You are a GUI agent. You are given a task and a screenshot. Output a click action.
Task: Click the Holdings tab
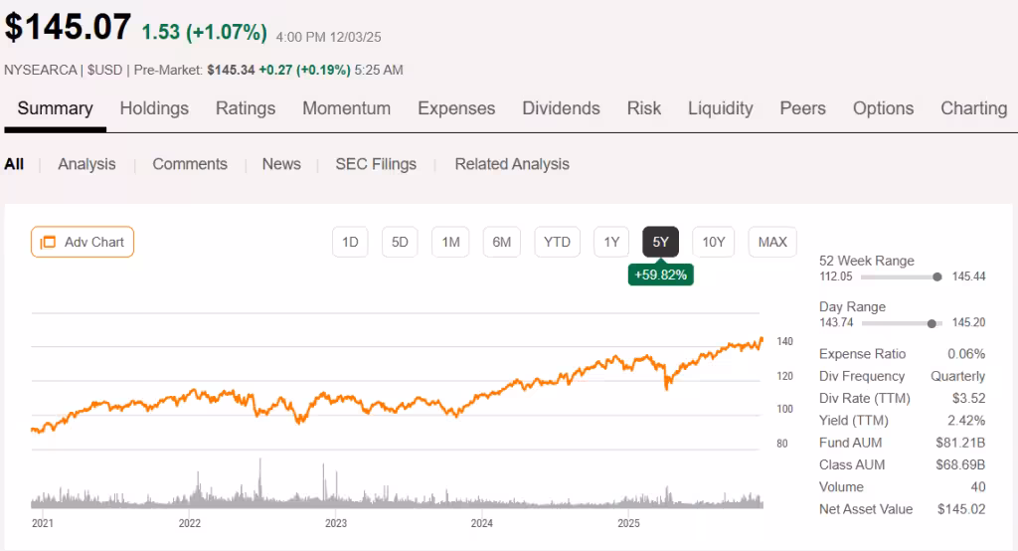tap(154, 108)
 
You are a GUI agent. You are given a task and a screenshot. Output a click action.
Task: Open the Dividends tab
tap(561, 108)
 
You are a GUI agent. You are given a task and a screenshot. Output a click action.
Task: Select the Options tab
tap(883, 108)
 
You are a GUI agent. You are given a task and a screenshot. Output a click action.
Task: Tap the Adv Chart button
tap(83, 242)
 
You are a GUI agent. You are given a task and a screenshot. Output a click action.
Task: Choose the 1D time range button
tap(350, 242)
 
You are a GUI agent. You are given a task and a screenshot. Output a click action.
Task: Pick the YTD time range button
tap(557, 242)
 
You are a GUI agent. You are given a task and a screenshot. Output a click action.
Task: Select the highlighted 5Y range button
tap(661, 242)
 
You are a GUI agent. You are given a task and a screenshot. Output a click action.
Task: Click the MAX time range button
tap(772, 242)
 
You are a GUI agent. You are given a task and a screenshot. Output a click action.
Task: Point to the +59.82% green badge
tap(660, 275)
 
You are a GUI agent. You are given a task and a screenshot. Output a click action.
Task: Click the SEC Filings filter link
tap(376, 164)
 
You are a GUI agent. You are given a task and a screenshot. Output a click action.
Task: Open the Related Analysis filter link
tap(512, 164)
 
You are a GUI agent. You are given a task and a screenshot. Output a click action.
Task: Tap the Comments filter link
tap(190, 164)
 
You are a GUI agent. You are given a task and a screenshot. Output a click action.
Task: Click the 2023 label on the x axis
tap(336, 522)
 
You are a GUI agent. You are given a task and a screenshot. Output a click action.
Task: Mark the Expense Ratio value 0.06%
tap(965, 354)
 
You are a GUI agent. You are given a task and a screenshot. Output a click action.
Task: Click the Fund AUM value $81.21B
tap(960, 443)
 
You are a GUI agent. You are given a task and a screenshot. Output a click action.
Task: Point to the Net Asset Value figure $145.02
tap(960, 509)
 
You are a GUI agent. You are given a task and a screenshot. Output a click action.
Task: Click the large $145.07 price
tap(68, 27)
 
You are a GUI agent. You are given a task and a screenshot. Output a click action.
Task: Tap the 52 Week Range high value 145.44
tap(968, 276)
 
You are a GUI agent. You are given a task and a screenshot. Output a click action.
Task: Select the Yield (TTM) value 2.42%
tap(965, 421)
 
